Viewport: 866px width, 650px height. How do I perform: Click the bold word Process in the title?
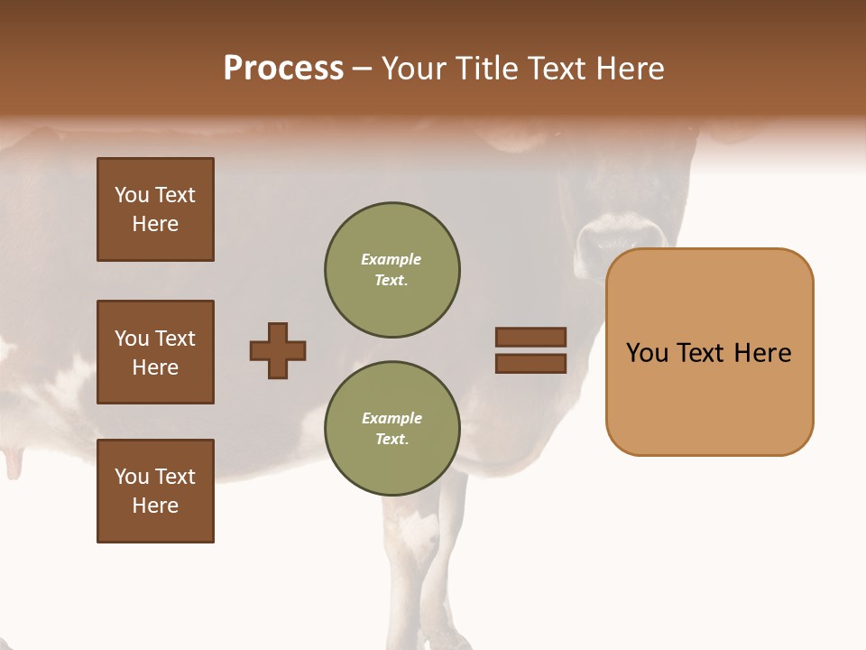283,69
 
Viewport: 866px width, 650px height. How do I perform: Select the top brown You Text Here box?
155,209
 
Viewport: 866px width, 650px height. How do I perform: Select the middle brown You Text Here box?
155,352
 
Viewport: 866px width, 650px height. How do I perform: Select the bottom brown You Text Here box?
155,491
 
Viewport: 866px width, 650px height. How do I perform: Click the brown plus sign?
278,350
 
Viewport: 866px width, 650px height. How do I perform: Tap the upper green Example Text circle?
392,269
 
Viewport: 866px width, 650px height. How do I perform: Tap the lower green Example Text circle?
392,428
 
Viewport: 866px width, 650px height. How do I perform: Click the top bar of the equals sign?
530,338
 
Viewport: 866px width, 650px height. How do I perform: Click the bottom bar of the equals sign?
530,363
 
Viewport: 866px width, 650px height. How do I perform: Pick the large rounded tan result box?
709,352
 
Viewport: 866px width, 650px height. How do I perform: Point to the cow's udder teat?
14,462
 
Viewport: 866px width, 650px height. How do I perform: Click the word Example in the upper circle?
392,259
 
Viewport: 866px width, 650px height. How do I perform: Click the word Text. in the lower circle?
392,439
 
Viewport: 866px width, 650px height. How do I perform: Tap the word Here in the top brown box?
155,224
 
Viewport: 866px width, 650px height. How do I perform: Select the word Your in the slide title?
414,69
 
